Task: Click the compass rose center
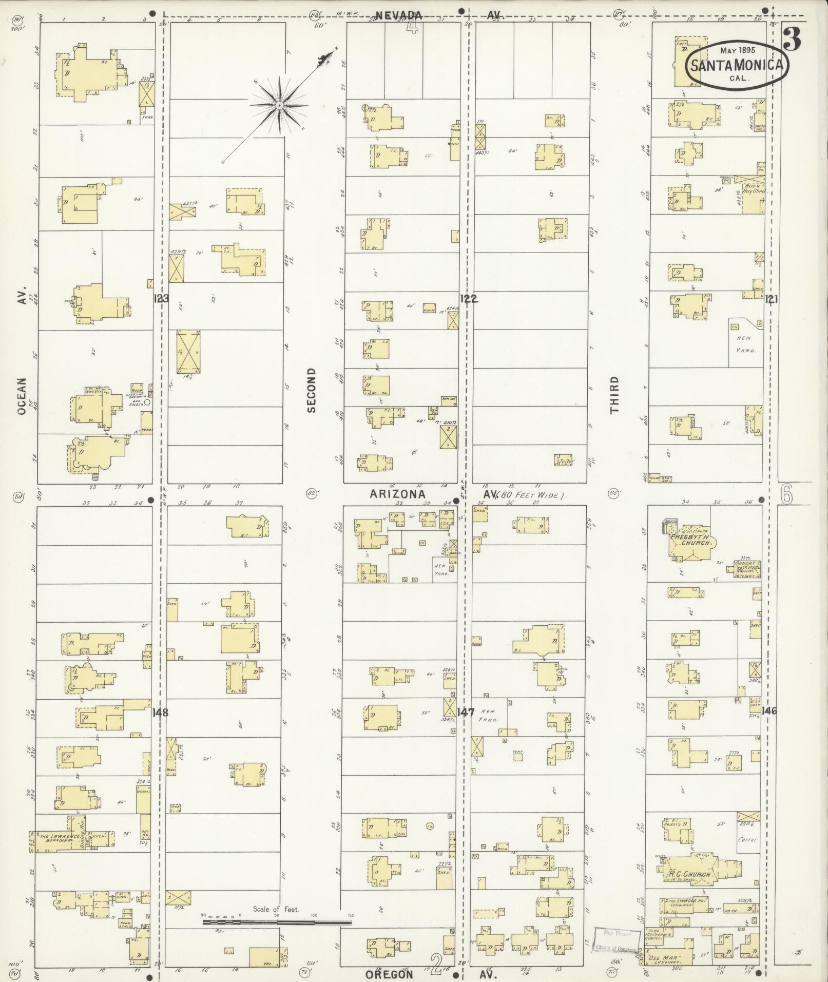coord(279,106)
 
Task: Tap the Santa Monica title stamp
coord(738,65)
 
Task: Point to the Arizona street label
coord(398,494)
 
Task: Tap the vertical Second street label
coord(312,390)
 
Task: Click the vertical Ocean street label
coord(21,397)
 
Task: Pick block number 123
coord(161,298)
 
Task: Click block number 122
coord(468,298)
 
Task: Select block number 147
coord(465,713)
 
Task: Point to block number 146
coord(769,711)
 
